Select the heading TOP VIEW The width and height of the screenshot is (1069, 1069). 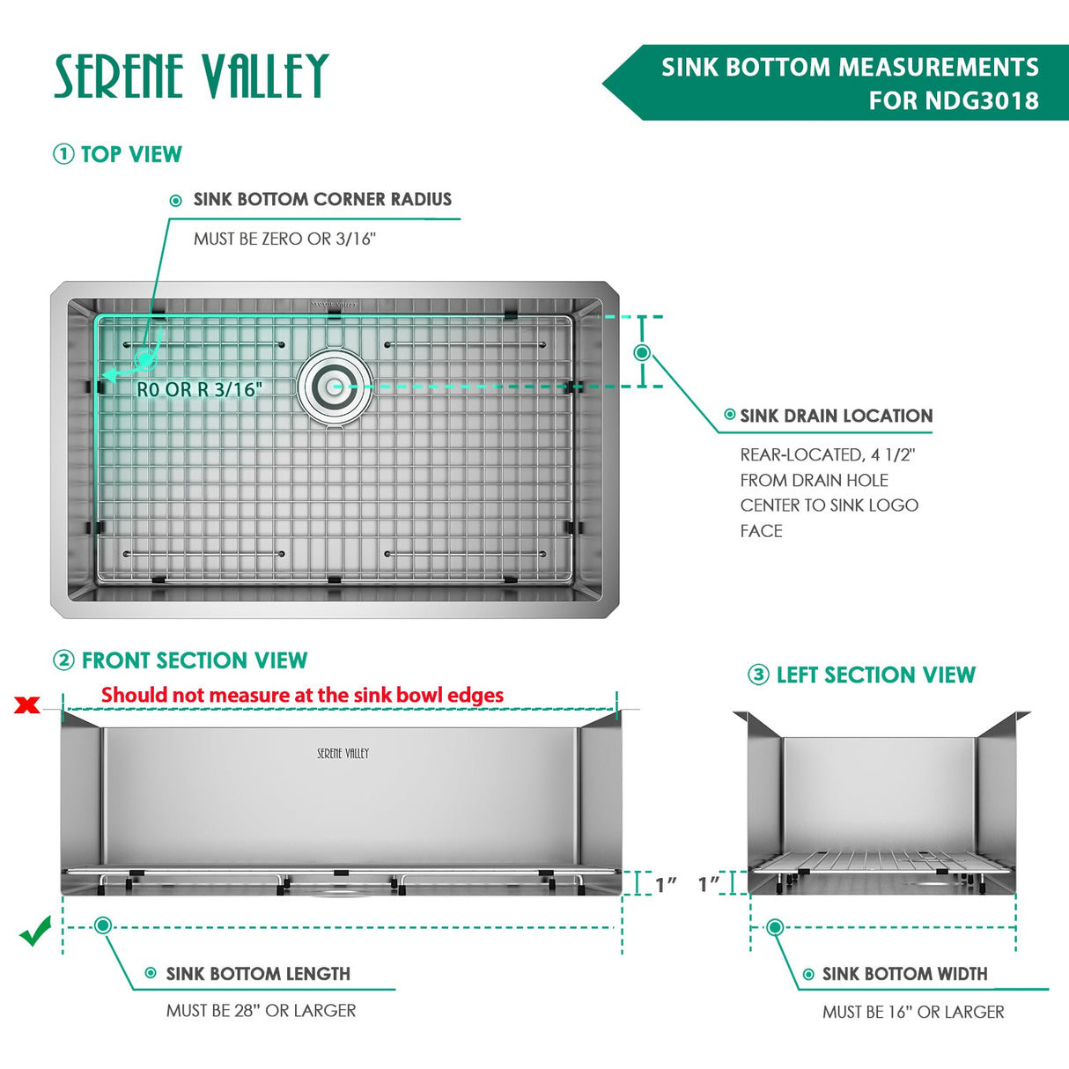pyautogui.click(x=130, y=154)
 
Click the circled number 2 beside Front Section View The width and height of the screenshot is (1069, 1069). pyautogui.click(x=63, y=660)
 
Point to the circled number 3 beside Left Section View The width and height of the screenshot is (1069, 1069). pyautogui.click(x=758, y=675)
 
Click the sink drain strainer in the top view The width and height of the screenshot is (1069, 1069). pyautogui.click(x=334, y=386)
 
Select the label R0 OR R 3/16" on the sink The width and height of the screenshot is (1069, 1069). pyautogui.click(x=199, y=389)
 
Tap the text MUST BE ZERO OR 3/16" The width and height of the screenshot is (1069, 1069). pyautogui.click(x=284, y=239)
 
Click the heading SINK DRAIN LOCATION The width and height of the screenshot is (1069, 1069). pyautogui.click(x=836, y=416)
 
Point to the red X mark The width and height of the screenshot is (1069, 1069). pyautogui.click(x=27, y=704)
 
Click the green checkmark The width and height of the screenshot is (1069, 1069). pyautogui.click(x=35, y=931)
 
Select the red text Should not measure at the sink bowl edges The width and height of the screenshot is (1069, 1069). pyautogui.click(x=302, y=695)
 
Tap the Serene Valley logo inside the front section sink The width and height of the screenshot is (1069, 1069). pyautogui.click(x=343, y=754)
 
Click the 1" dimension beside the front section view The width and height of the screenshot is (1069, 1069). pyautogui.click(x=666, y=884)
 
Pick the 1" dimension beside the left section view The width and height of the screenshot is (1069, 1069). pyautogui.click(x=709, y=883)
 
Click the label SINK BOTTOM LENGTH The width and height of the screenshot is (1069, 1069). pyautogui.click(x=258, y=974)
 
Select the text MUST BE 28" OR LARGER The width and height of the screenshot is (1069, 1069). pyautogui.click(x=261, y=1011)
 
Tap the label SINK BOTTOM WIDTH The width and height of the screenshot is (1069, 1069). pyautogui.click(x=904, y=974)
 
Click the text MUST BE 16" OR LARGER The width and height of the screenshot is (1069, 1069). pyautogui.click(x=913, y=1012)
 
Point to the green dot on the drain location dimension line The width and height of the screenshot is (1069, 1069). pyautogui.click(x=642, y=352)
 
